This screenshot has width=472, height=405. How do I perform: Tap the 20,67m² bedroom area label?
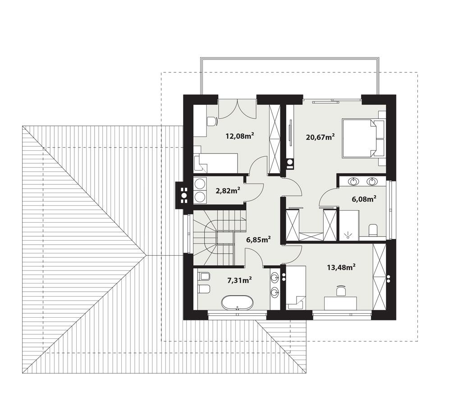pos(320,137)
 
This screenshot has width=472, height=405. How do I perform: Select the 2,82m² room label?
pos(228,190)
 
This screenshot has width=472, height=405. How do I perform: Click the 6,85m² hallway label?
pos(258,239)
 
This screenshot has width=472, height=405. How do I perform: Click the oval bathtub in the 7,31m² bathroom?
pos(237,302)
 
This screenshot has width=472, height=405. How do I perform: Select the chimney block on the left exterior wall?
pos(183,194)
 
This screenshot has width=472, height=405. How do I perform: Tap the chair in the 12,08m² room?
pos(211,121)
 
